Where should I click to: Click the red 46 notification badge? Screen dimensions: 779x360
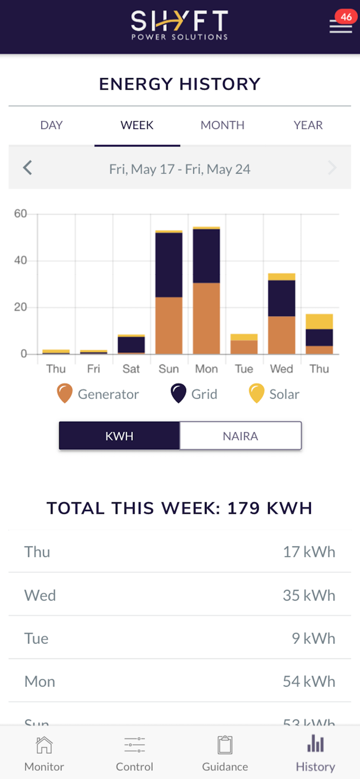(346, 17)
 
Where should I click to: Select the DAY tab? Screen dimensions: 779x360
(51, 125)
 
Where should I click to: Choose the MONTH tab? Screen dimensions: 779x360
(222, 125)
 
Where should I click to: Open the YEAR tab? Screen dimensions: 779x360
(308, 125)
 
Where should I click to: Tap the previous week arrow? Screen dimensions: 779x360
(28, 168)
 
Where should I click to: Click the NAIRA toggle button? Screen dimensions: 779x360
(240, 436)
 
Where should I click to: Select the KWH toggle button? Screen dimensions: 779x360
(119, 436)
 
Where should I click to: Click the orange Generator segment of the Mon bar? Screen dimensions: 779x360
(206, 318)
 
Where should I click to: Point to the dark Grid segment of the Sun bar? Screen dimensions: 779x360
(169, 265)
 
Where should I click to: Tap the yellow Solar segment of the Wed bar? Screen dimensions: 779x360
(281, 277)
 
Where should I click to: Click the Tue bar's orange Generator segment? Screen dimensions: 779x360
(244, 347)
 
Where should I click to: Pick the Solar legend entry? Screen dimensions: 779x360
(274, 394)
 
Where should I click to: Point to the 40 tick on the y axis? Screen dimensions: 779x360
(21, 261)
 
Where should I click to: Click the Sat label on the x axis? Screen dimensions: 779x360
(131, 369)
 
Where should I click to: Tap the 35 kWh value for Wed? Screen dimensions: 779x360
(309, 595)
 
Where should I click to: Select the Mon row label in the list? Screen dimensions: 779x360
(40, 682)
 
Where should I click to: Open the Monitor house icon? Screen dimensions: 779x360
(44, 745)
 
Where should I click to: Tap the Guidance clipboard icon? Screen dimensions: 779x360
(225, 745)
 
